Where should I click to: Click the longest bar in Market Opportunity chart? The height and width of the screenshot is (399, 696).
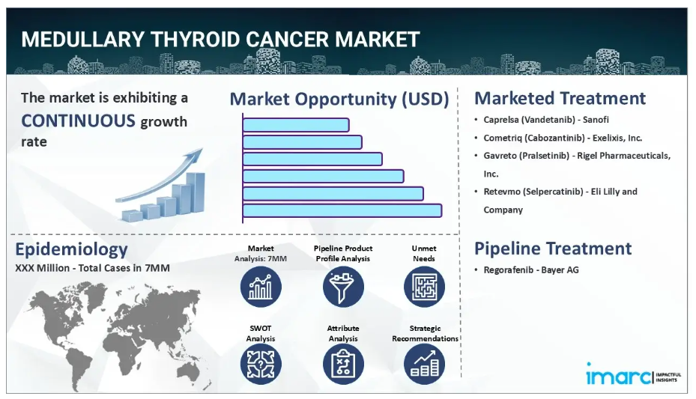(x=342, y=210)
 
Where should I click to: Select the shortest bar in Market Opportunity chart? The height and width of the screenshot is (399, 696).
(x=296, y=125)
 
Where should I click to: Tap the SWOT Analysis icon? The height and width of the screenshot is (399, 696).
(x=261, y=364)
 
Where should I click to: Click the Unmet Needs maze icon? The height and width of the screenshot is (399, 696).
(x=424, y=287)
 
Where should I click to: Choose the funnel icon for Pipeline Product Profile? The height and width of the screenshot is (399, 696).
(x=343, y=287)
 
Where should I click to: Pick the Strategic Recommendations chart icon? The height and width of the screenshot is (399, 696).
(x=424, y=364)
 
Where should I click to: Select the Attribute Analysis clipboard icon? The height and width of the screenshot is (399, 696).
(x=343, y=364)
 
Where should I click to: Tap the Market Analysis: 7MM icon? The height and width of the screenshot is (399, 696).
(x=261, y=287)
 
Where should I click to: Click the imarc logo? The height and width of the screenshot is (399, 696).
(x=633, y=375)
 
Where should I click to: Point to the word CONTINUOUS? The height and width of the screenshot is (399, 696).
(x=78, y=121)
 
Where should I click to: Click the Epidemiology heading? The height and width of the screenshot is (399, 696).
(x=71, y=249)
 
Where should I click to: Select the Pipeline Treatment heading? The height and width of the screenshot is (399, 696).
(x=553, y=249)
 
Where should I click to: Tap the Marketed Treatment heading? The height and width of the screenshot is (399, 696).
(x=560, y=98)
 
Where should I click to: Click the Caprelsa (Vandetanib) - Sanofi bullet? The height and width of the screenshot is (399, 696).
(x=546, y=120)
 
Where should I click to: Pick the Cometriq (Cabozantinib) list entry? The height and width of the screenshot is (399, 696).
(x=563, y=138)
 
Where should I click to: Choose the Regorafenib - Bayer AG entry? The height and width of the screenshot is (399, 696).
(x=531, y=270)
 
